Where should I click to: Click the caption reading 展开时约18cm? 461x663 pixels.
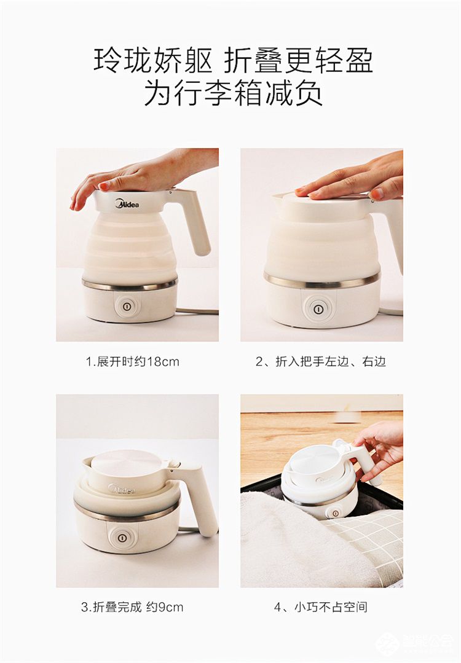(x=132, y=361)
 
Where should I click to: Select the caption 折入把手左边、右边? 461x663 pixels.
(x=320, y=361)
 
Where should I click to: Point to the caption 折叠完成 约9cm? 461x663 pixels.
(x=132, y=607)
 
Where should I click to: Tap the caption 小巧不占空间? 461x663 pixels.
(x=320, y=607)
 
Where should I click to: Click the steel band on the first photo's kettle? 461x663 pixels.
(x=130, y=285)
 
